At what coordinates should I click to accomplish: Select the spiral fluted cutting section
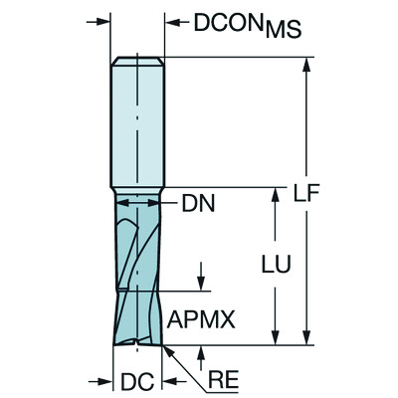point(138,269)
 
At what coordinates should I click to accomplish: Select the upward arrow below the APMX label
point(202,351)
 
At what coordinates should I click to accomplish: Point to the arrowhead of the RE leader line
point(167,350)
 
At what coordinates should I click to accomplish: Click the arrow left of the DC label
point(106,380)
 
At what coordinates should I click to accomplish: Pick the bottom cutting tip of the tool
point(138,343)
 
